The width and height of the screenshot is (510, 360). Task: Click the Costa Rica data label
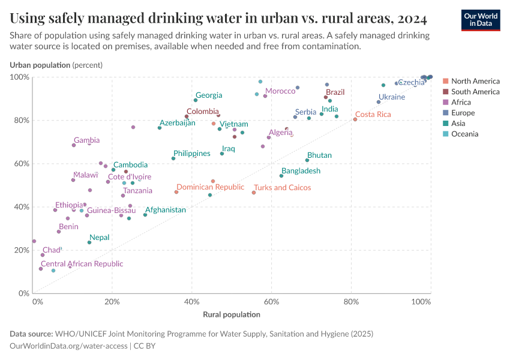tap(373, 114)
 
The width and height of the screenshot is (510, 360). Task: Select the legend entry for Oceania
tap(464, 134)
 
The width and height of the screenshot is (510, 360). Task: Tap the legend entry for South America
tap(475, 92)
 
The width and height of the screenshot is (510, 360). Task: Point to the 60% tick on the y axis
tap(22, 164)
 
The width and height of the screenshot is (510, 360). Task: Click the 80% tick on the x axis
tap(351, 302)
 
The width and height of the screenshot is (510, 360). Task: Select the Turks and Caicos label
tap(283, 188)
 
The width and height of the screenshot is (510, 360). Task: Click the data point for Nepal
tap(89, 242)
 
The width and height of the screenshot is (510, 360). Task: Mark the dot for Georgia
tap(196, 100)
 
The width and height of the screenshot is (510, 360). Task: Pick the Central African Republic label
tap(82, 263)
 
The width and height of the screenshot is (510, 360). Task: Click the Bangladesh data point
tap(281, 176)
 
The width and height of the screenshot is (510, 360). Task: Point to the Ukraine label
tap(391, 97)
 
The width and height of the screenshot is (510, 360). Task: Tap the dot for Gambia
tap(74, 145)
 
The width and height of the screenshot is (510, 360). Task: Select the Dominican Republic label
tap(210, 187)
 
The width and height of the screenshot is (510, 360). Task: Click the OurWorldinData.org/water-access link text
tap(68, 346)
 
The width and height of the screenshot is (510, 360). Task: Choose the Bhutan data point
tap(307, 160)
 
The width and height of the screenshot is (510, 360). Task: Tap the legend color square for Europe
tap(446, 113)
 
